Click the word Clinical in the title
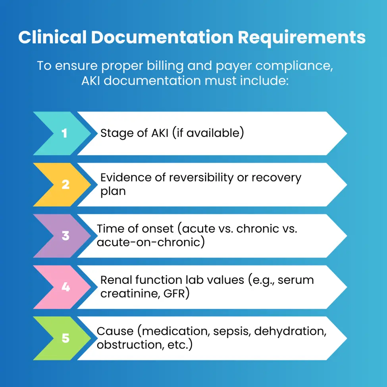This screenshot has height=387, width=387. [x=52, y=37]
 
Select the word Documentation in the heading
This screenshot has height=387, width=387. [x=162, y=37]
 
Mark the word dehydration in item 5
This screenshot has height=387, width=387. [x=290, y=331]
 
